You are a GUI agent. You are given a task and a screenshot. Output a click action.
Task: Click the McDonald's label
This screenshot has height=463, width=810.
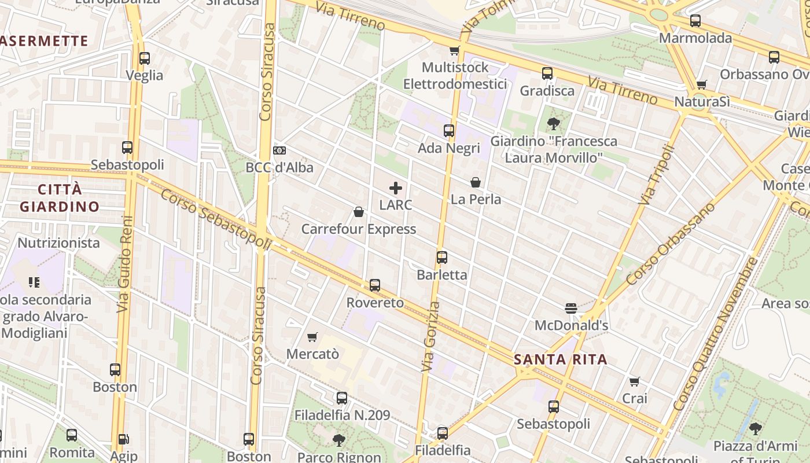[x=571, y=325]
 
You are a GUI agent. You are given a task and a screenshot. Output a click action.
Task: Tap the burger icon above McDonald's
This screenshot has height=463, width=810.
[x=571, y=308]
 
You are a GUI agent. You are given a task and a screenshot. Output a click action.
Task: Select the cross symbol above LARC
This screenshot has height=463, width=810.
[x=396, y=188]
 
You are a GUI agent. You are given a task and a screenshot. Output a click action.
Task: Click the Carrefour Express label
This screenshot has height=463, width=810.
[x=358, y=229]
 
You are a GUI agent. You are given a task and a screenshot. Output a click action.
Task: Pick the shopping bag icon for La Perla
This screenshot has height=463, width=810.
[x=476, y=182]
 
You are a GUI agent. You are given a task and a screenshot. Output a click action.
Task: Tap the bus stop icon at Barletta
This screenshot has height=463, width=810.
[x=442, y=257]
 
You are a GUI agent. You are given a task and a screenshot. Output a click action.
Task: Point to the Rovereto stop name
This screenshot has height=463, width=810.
[x=375, y=303]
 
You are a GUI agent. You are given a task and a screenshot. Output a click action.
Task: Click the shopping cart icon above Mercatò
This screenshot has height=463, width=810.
[x=312, y=337]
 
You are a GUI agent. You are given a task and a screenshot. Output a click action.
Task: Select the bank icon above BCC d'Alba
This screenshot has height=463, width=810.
[x=279, y=150]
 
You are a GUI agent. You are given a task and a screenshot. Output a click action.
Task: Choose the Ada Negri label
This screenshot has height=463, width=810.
[x=449, y=148]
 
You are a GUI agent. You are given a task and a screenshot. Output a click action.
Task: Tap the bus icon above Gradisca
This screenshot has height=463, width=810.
[x=547, y=74]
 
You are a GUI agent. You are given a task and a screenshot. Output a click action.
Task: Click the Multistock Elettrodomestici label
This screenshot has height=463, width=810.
[x=455, y=76]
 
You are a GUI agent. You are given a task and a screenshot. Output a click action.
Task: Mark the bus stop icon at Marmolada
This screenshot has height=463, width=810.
[x=695, y=21]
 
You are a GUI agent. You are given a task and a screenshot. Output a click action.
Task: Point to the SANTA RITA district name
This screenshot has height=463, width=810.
[x=561, y=359]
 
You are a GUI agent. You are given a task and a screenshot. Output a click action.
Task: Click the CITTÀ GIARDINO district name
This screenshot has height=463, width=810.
[x=60, y=198]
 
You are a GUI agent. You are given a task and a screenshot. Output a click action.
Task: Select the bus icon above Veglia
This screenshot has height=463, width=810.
[x=145, y=58]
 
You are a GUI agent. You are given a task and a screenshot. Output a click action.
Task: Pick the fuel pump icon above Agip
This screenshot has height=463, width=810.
[x=123, y=440]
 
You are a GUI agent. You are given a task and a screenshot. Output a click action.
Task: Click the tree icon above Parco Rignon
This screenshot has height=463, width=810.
[x=339, y=440]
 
